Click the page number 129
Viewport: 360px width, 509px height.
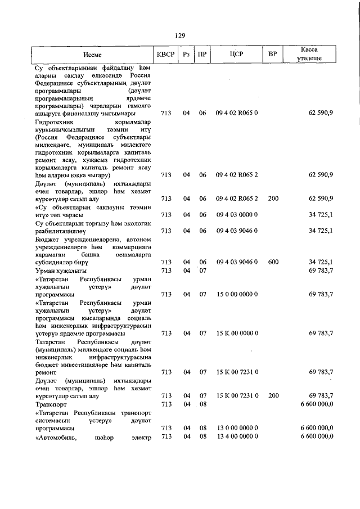[180, 35]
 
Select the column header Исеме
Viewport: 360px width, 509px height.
[93, 55]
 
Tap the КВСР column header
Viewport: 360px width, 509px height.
[166, 55]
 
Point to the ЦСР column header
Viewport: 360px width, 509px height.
[236, 55]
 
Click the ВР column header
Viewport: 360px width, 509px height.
[273, 55]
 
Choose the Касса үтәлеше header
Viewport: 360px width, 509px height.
[309, 54]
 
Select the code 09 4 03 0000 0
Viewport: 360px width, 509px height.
[236, 215]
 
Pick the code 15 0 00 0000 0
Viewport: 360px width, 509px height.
[236, 294]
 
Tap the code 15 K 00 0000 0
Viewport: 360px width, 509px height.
[236, 334]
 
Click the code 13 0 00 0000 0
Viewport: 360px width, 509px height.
[236, 428]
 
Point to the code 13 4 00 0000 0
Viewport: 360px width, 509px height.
[236, 436]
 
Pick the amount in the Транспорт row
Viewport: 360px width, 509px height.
[317, 404]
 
